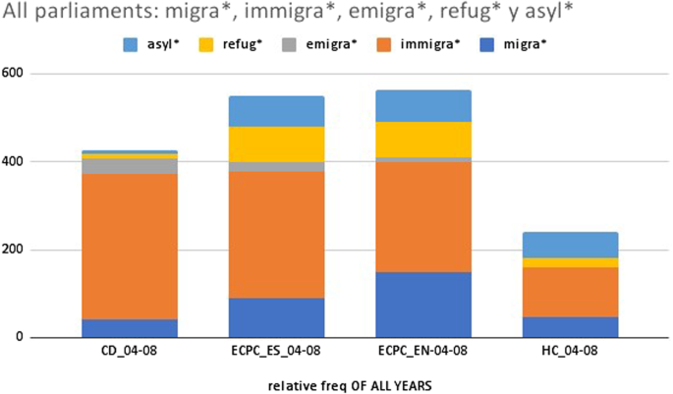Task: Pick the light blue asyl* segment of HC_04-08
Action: [584, 245]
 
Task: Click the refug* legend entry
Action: [232, 46]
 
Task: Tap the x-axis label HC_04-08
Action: [584, 351]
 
